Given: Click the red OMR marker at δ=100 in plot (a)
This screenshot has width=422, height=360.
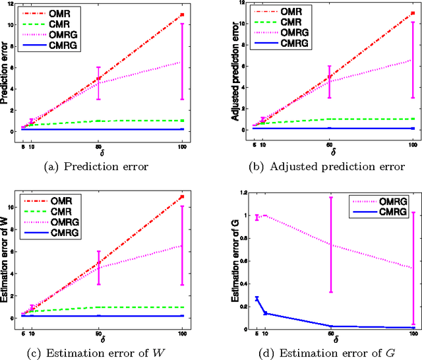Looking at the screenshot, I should (x=181, y=15).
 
